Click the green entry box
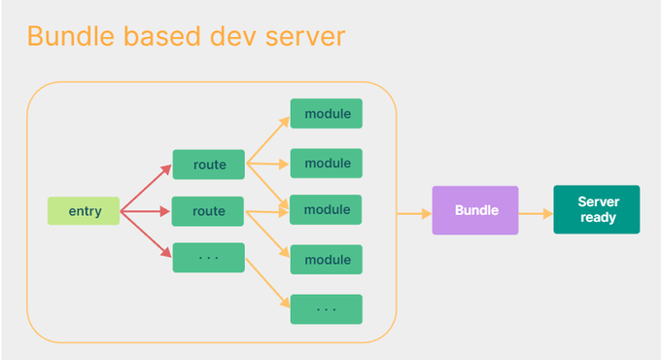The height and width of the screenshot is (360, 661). coord(84,211)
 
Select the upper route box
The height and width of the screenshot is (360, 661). coord(208,164)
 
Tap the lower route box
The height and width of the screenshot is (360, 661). coord(208,211)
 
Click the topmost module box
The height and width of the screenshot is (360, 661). coord(327,114)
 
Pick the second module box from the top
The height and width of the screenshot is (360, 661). coord(327,163)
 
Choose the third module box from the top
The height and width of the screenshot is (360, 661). coord(327,210)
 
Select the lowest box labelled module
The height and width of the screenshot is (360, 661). coord(327,260)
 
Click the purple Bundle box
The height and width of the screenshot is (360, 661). coord(475,210)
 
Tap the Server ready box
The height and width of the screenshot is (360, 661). coord(597,209)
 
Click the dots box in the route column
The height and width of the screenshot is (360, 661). coord(208,258)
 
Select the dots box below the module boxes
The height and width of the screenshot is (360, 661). coord(327,309)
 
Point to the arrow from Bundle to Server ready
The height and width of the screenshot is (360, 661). coord(536,211)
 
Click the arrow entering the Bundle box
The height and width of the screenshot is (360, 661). coord(414,211)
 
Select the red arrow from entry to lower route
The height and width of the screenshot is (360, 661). coord(146,211)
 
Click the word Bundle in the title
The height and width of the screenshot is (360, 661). coord(75,37)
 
